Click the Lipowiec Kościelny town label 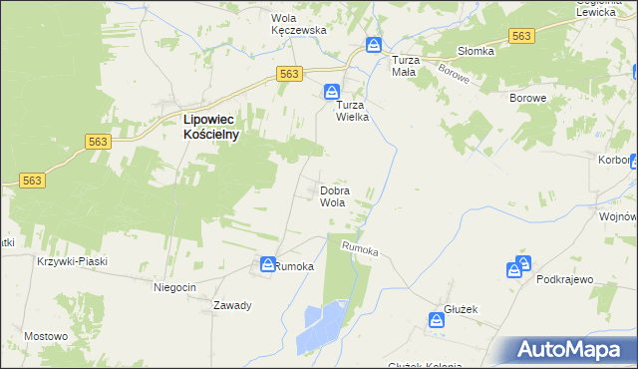(211, 127)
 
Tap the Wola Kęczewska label (300, 24)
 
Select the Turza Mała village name (402, 66)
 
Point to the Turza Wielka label (352, 110)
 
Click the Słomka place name (476, 52)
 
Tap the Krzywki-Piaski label (71, 261)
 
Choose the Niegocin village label (174, 287)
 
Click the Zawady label (231, 305)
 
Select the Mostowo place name (46, 336)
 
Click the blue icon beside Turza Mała (374, 45)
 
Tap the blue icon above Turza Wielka (330, 92)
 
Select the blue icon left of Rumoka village (268, 264)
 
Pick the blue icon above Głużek (437, 320)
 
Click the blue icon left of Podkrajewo (513, 269)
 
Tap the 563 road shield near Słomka (520, 36)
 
